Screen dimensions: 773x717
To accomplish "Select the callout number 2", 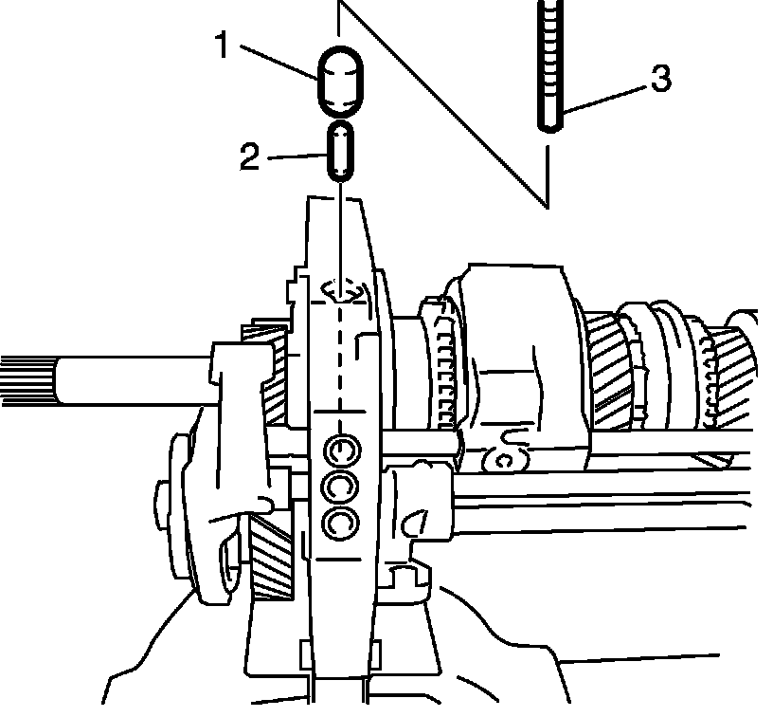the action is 249,157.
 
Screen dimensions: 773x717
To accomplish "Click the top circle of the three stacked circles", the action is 339,449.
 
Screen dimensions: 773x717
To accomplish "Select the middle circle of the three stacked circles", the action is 339,484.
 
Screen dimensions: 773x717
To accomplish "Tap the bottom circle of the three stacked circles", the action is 339,520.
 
